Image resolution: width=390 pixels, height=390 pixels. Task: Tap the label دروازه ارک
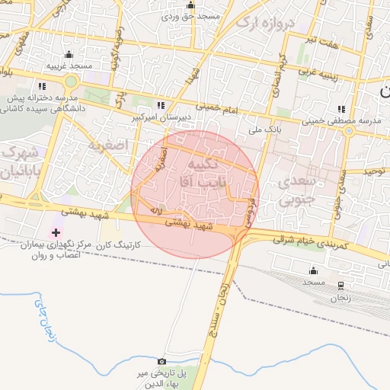click(x=264, y=23)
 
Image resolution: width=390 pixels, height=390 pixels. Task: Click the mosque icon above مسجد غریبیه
click(x=69, y=54)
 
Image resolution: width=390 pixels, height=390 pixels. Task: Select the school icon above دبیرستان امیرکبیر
click(x=160, y=105)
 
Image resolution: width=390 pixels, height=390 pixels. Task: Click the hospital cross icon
click(x=56, y=231)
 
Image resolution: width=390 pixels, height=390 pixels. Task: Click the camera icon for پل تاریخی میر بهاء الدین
click(x=161, y=360)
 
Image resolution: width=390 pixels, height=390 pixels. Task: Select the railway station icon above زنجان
click(x=340, y=283)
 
